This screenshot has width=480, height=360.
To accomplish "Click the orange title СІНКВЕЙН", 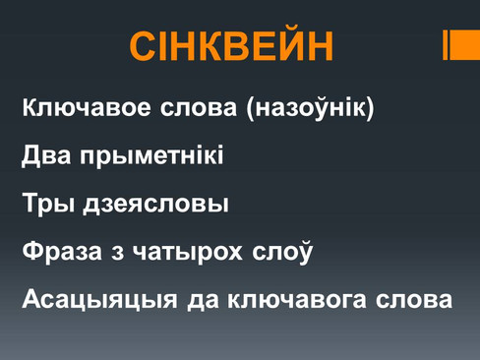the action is (x=231, y=45).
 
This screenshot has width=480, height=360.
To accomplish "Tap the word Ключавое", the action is (x=87, y=107).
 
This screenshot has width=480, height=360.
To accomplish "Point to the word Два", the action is (x=46, y=155).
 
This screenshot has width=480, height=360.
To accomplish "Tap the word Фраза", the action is (x=62, y=252).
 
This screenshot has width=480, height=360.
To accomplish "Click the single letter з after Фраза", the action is (x=117, y=253).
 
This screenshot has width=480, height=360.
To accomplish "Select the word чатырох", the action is (x=188, y=253).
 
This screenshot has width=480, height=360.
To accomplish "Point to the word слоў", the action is (x=282, y=252).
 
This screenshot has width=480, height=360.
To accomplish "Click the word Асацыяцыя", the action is (x=99, y=299).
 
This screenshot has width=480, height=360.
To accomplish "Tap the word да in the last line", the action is (x=203, y=301).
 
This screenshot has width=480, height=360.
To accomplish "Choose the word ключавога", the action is (x=297, y=300).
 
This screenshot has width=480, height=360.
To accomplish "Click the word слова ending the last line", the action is (x=414, y=300).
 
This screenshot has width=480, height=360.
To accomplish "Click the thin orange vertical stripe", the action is (x=445, y=45).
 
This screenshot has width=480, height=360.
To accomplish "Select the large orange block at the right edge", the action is (x=465, y=45).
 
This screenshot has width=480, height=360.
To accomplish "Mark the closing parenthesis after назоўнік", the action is (x=370, y=108).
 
